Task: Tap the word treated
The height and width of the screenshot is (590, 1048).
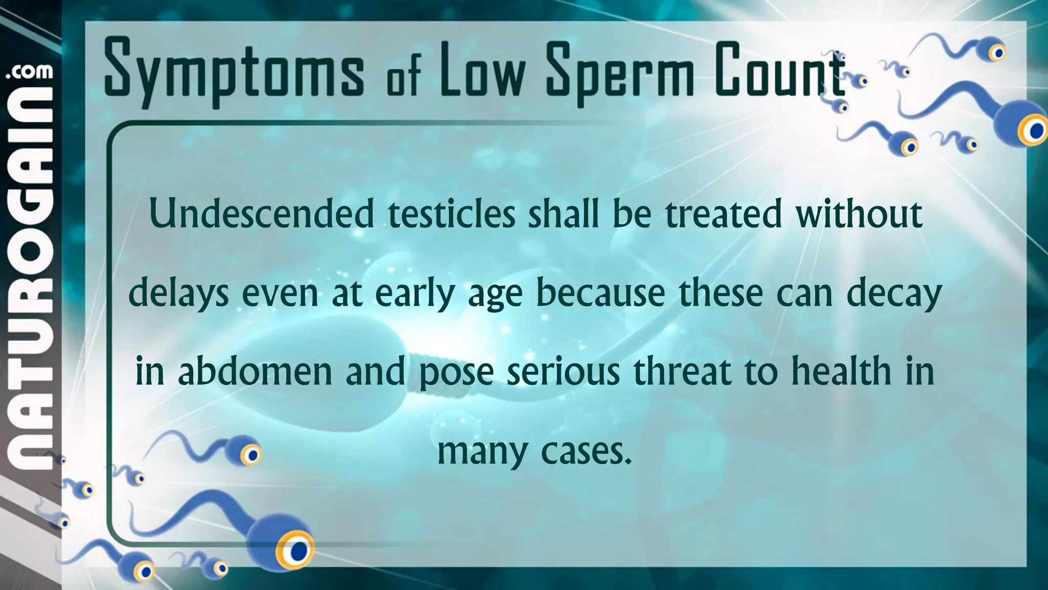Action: point(724,214)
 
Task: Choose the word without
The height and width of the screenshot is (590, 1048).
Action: point(859,214)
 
